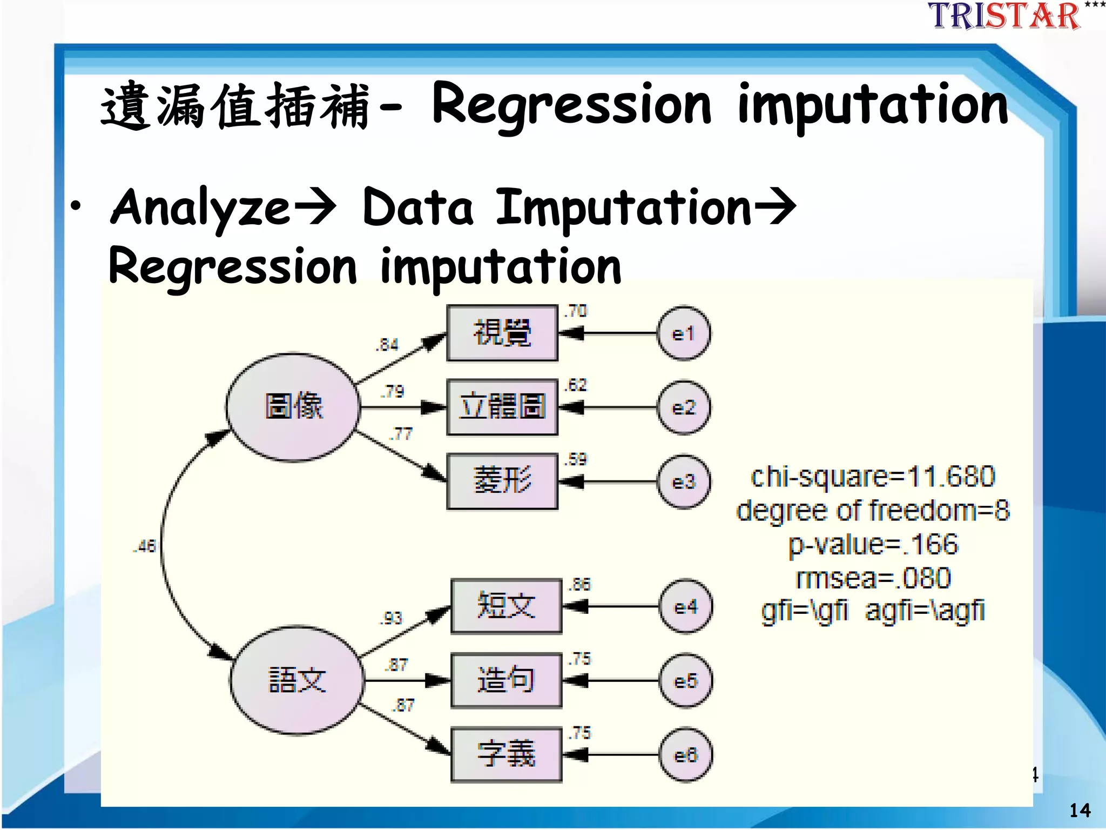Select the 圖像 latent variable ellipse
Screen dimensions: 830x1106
click(x=293, y=407)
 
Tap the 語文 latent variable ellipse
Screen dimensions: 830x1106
click(x=296, y=680)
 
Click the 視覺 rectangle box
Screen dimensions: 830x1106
click(x=502, y=333)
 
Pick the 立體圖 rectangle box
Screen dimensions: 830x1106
click(x=502, y=407)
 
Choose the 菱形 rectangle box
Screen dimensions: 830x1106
click(x=502, y=481)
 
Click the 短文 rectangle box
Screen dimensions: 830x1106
click(x=506, y=606)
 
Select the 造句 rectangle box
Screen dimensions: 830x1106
click(x=506, y=680)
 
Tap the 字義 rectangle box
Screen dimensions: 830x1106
click(x=506, y=754)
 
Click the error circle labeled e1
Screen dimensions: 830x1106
click(x=683, y=333)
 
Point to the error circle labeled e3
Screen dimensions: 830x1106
click(x=683, y=481)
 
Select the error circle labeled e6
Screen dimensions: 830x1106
click(x=686, y=755)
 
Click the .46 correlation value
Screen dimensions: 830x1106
click(x=144, y=546)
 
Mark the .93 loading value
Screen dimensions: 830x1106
click(x=392, y=618)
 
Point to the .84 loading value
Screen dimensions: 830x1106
click(x=387, y=344)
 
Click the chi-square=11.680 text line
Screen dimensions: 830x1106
click(x=873, y=477)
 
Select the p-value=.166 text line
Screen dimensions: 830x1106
click(x=873, y=544)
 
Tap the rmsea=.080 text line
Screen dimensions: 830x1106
click(x=873, y=578)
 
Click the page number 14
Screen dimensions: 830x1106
click(x=1080, y=810)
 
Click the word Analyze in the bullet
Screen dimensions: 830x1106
click(x=200, y=207)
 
